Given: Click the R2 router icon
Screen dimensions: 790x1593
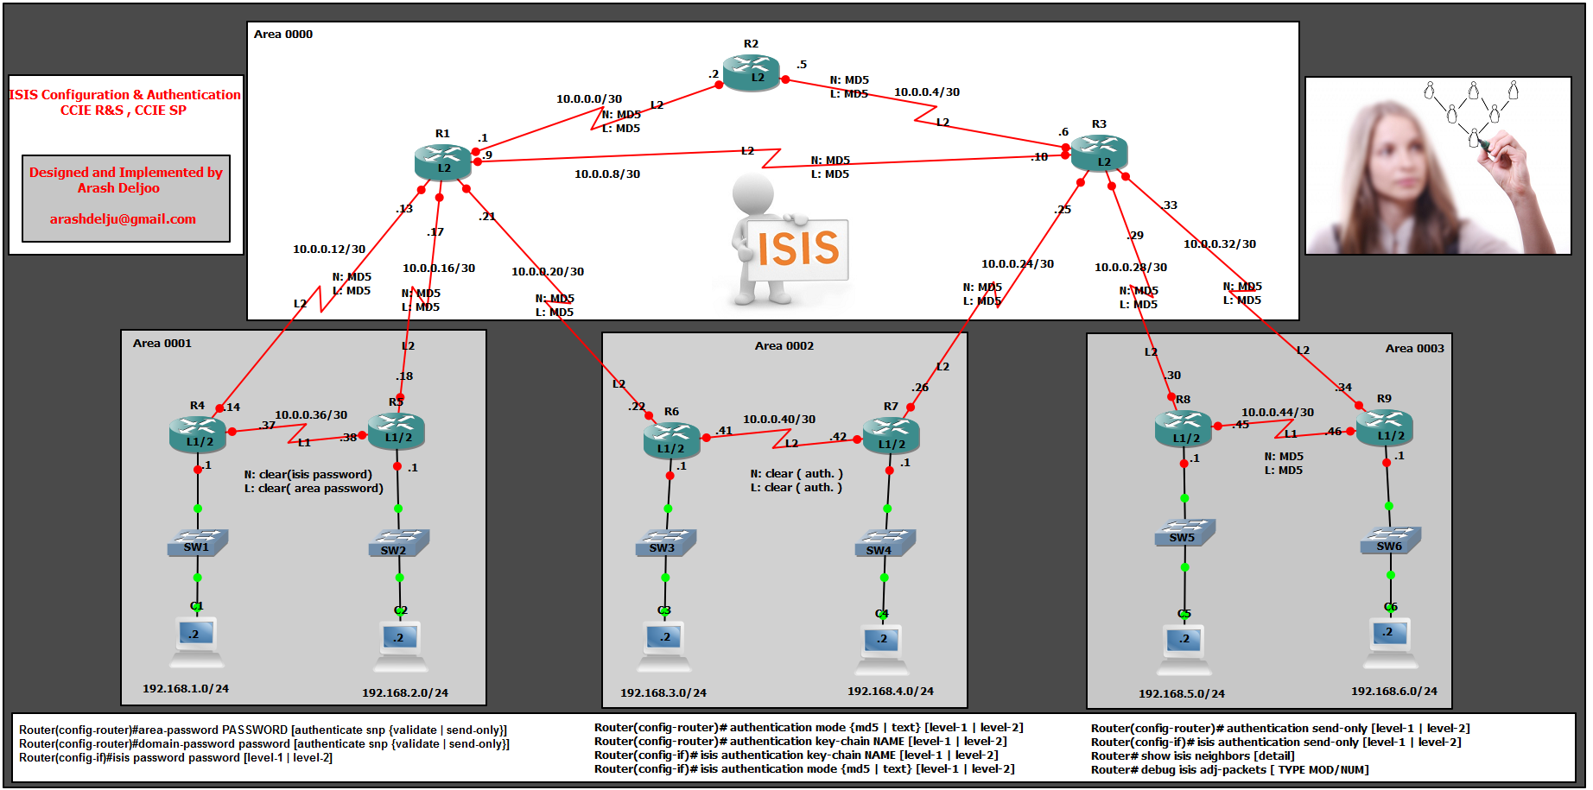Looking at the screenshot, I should (751, 73).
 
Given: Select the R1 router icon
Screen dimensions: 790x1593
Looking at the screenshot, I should (442, 162).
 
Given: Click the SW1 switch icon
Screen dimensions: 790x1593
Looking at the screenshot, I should (198, 543).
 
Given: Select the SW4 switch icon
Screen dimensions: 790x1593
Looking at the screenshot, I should (885, 544).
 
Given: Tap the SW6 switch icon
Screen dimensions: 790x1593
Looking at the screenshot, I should (1390, 540).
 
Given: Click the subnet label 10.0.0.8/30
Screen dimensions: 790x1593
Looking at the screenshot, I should (607, 174).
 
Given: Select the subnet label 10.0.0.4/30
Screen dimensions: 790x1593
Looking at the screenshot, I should (926, 92).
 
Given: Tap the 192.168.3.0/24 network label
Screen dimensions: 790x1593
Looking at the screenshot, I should (663, 693).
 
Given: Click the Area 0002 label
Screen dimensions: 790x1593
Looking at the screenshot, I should (784, 346).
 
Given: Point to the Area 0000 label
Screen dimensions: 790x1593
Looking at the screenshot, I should (283, 35).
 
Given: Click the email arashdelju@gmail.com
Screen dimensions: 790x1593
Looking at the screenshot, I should (123, 219).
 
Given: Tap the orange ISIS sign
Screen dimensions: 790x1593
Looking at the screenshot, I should (798, 249).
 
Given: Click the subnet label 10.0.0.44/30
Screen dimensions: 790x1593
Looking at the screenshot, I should (1277, 413).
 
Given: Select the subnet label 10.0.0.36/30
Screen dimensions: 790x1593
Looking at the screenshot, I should (311, 415).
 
